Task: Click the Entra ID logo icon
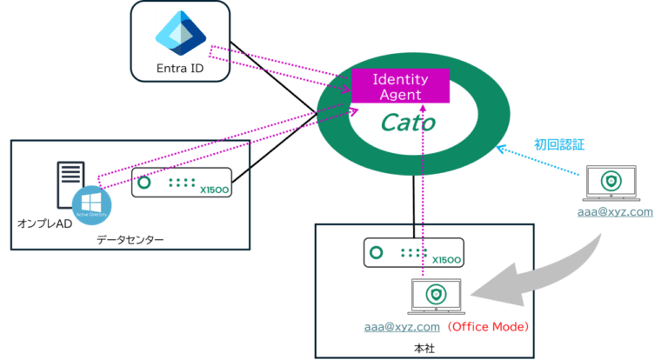pyautogui.click(x=180, y=32)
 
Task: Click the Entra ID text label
pyautogui.click(x=180, y=69)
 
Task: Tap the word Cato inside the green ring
pyautogui.click(x=407, y=123)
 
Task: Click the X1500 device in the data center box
pyautogui.click(x=182, y=184)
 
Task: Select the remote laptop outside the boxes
pyautogui.click(x=612, y=183)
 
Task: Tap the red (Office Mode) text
pyautogui.click(x=488, y=328)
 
